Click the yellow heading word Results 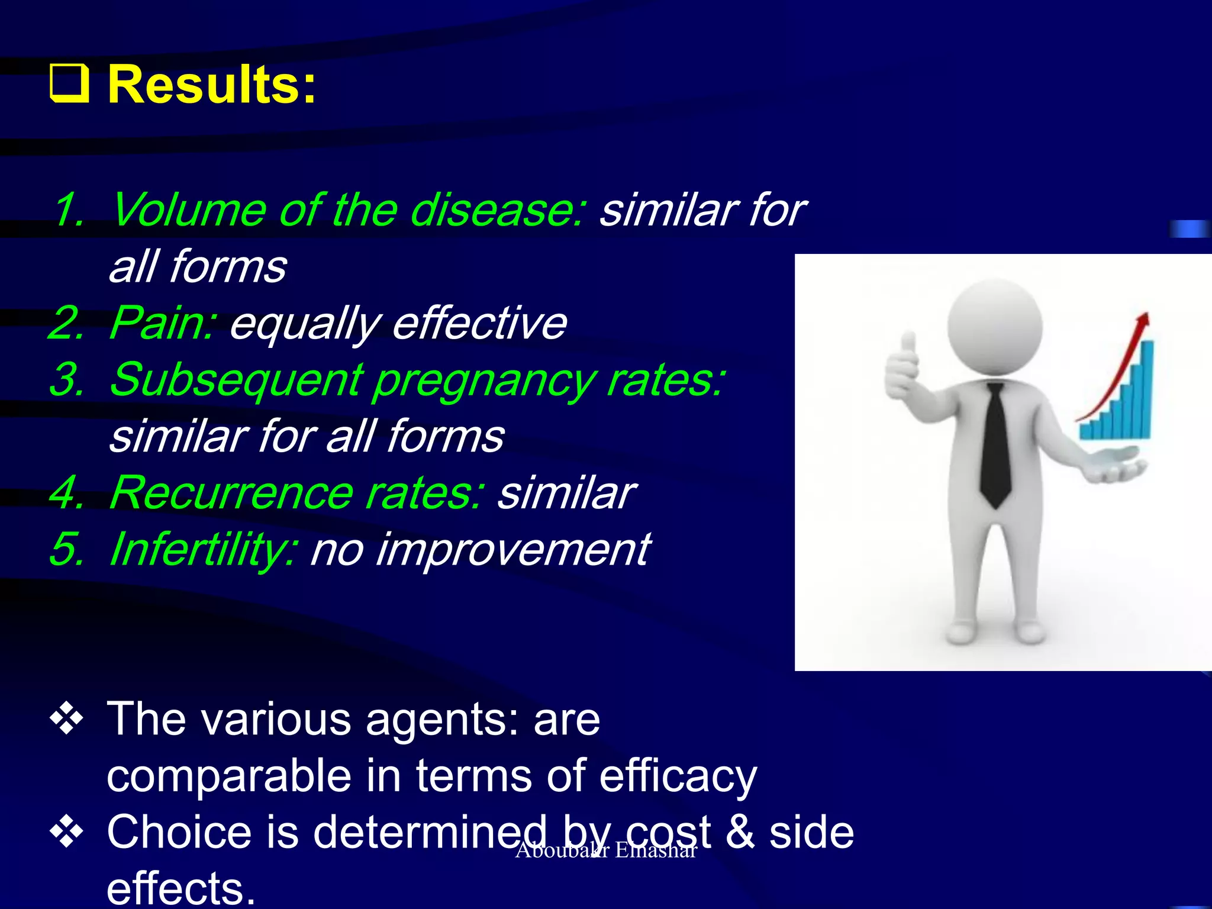[x=211, y=86]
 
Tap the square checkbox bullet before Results [x=69, y=85]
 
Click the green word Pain [x=162, y=323]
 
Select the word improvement [x=512, y=550]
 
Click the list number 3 [x=66, y=380]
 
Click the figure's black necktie [x=996, y=444]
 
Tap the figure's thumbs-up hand [x=902, y=367]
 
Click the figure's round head [x=995, y=326]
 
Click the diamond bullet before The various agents [x=67, y=719]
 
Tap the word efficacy [x=678, y=776]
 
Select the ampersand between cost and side [x=739, y=831]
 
